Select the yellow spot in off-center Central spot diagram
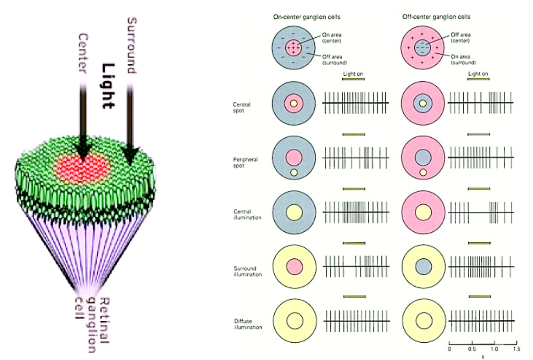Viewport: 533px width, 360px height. coord(423,104)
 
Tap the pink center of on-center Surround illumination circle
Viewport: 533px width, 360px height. coord(295,266)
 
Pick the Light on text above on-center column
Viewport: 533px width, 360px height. coord(353,73)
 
